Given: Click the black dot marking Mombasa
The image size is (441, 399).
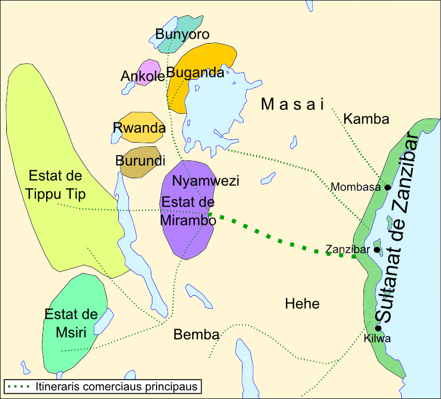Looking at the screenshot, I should [387, 187].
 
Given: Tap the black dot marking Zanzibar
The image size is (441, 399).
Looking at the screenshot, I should [377, 250].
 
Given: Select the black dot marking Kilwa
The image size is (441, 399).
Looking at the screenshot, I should [378, 328].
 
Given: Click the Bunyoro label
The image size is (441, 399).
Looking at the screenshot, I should [182, 35].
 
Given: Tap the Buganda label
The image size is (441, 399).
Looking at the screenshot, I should [195, 73].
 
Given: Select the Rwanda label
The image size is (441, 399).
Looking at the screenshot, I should [139, 127].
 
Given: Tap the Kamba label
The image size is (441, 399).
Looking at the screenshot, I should [366, 119].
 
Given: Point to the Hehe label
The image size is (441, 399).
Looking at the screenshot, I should [302, 304].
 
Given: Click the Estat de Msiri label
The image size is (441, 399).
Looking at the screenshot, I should [71, 322].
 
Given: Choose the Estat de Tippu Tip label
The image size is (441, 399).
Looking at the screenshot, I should [57, 185].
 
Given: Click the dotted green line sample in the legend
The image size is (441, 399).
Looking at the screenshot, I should [20, 387].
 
